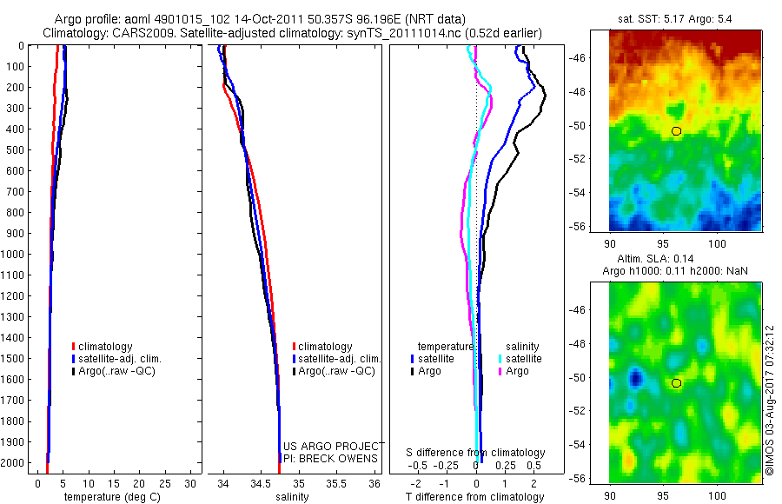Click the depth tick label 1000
13,254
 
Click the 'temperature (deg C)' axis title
109,497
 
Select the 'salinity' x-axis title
293,497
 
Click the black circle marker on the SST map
677,130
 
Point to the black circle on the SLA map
677,382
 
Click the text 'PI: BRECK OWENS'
330,458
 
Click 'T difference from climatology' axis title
474,497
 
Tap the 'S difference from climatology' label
476,453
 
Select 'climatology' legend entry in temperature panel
109,347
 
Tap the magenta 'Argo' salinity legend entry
517,371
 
